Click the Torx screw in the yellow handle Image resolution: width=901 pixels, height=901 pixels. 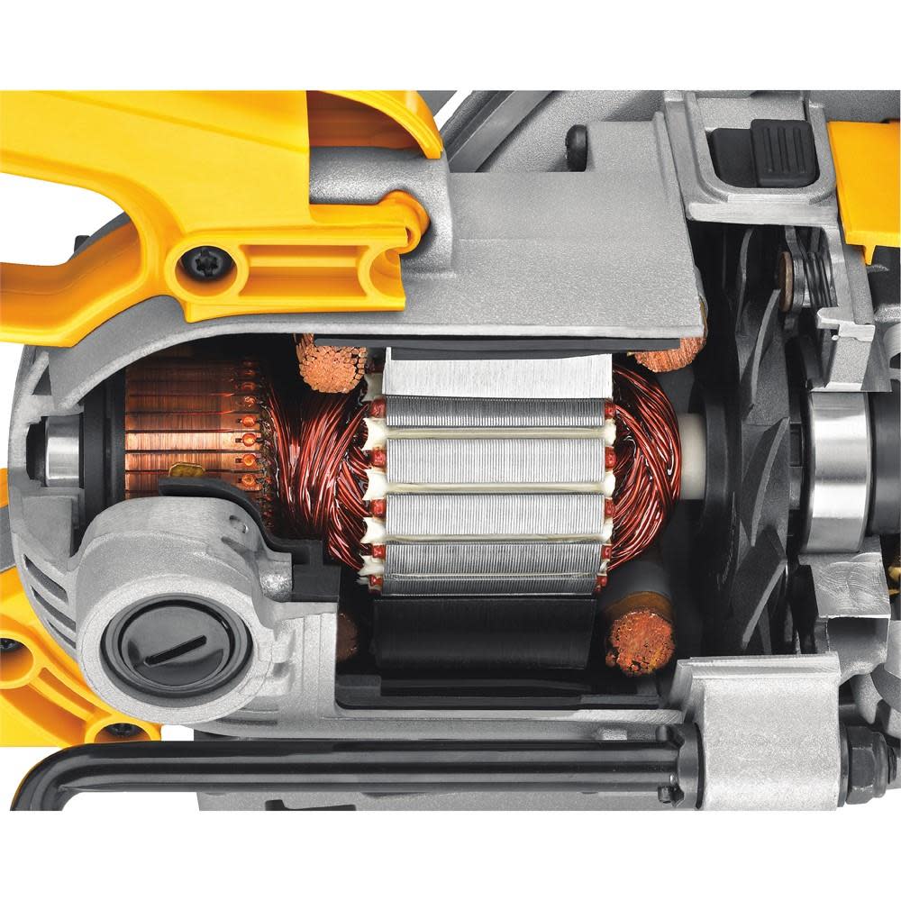coord(197,263)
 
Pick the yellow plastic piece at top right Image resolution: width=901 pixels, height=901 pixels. coord(865,180)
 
